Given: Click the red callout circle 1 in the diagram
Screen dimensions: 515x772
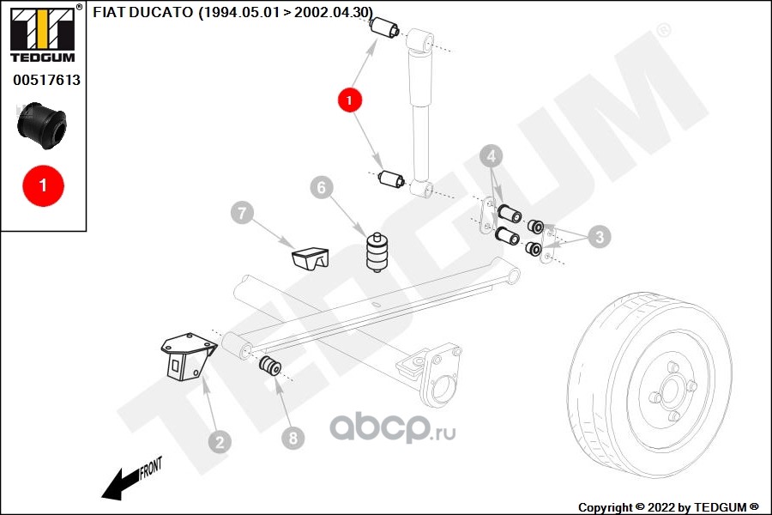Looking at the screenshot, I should (x=350, y=100).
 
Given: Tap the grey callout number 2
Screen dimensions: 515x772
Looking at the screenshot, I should (x=220, y=442).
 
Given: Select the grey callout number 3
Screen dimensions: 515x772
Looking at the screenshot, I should (x=600, y=237).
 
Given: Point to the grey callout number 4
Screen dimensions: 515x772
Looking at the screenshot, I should (x=491, y=157).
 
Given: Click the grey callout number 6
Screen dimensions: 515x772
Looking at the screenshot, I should (x=321, y=187).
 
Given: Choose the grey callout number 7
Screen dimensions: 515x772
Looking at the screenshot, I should (x=241, y=213).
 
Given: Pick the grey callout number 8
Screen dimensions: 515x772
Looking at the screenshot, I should (x=293, y=439).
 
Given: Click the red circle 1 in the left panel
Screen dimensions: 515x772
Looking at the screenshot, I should (x=41, y=184).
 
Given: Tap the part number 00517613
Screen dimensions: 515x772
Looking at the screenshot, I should (x=46, y=80).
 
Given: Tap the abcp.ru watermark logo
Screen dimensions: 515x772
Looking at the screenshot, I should (x=394, y=426).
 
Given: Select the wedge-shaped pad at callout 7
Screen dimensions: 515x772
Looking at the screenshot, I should (x=310, y=257).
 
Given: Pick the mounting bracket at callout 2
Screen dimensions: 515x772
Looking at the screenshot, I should (x=184, y=355).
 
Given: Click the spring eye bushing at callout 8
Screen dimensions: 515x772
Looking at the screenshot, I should (x=270, y=367).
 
